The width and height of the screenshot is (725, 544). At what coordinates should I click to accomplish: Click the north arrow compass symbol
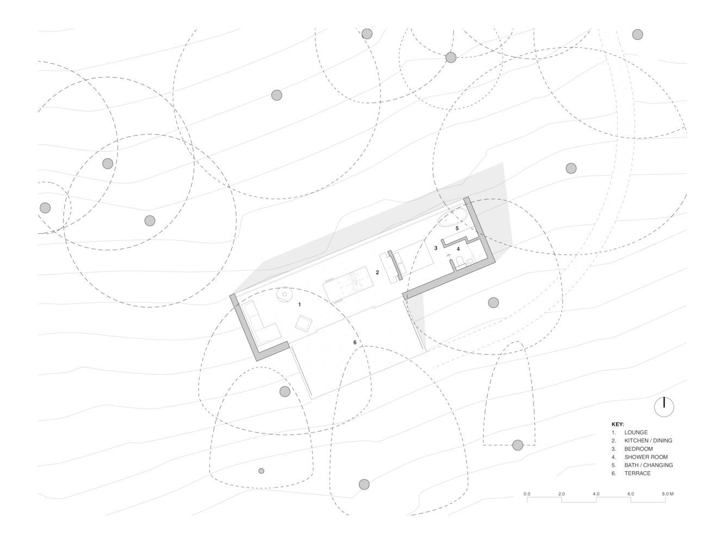tap(664, 407)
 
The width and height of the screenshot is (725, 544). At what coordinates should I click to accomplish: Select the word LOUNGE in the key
tap(636, 432)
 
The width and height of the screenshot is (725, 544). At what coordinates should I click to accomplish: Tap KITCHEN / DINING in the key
tap(648, 441)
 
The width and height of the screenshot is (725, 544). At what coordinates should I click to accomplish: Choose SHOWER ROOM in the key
tap(646, 457)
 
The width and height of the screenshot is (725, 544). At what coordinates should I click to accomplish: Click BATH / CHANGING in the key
tap(648, 465)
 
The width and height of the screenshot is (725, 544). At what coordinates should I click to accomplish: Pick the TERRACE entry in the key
tap(637, 473)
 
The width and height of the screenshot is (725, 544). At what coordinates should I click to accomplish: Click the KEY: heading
tap(618, 424)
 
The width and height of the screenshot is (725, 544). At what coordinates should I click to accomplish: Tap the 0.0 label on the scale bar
tap(527, 494)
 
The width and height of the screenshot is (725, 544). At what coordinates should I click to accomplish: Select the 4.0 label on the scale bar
tap(596, 494)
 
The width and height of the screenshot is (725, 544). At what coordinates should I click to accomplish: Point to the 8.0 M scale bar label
tap(667, 494)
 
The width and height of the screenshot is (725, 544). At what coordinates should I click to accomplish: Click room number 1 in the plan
tap(300, 305)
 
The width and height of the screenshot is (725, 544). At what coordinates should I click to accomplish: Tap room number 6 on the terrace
tap(355, 342)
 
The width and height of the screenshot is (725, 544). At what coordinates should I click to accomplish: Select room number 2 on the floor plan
tap(377, 273)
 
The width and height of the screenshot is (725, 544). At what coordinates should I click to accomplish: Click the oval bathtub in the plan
tap(453, 217)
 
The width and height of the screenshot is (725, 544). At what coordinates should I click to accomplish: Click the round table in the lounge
tap(284, 294)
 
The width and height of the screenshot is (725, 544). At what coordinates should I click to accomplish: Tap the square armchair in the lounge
tap(303, 323)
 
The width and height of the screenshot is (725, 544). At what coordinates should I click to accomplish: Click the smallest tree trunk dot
tap(261, 471)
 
